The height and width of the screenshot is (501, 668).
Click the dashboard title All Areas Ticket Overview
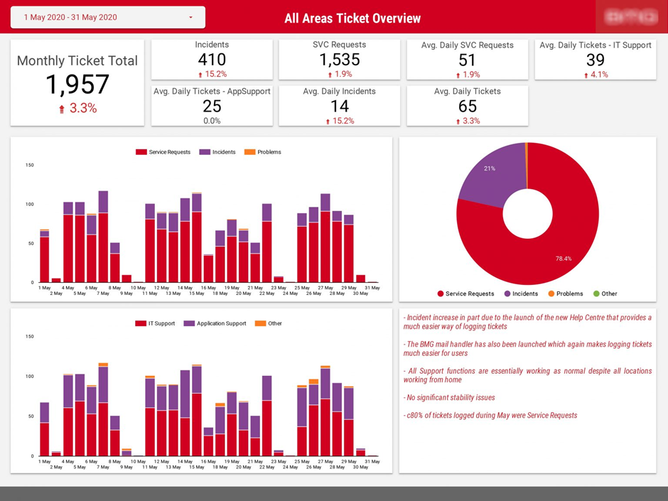coord(352,18)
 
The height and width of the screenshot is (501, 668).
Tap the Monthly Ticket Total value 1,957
coord(77,85)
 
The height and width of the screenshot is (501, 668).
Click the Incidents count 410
coord(212,60)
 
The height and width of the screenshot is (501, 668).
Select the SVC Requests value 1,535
coord(339,60)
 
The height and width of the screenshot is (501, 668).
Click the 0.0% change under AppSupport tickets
coord(212,121)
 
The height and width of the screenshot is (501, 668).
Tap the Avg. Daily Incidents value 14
coord(339,106)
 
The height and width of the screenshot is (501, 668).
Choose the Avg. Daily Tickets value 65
coord(467,106)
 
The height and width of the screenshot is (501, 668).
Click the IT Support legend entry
coord(161,323)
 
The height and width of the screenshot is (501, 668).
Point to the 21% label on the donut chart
coord(489,168)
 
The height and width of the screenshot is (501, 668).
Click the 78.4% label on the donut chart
coord(564,259)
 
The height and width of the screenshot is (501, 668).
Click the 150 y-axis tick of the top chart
coord(29,166)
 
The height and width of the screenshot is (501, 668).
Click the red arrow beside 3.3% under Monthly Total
coord(62,109)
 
